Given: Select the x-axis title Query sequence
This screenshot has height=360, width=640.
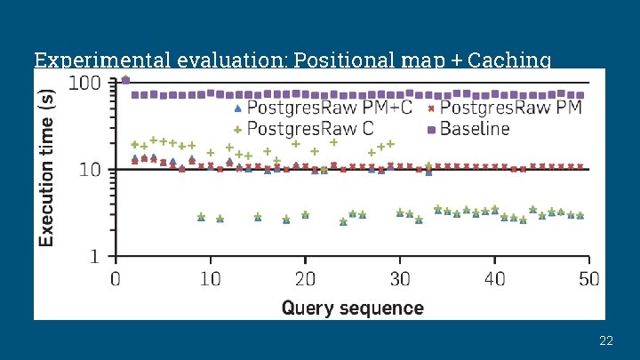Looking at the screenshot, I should tap(352, 308).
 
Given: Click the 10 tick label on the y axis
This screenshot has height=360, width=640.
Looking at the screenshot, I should tap(91, 169).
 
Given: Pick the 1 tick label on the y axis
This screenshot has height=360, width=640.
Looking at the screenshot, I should tap(96, 256).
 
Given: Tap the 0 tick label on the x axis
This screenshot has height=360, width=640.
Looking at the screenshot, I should tap(116, 279).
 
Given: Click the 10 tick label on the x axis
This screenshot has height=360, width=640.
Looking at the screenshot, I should tap(210, 279).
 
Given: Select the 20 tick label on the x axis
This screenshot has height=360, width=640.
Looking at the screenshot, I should tap(305, 279).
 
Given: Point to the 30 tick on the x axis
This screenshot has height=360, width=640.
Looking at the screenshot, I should tap(400, 279).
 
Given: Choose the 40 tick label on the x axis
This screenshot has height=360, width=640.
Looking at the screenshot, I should tap(494, 279).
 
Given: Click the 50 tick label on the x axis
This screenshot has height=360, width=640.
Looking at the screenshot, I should tap(588, 279).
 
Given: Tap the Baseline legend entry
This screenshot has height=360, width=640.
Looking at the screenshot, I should tap(475, 129).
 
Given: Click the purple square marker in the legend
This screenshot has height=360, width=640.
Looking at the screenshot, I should tap(431, 129).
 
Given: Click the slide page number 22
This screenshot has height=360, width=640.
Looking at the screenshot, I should tap(606, 340).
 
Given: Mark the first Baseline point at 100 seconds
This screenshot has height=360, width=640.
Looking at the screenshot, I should tap(125, 80).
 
